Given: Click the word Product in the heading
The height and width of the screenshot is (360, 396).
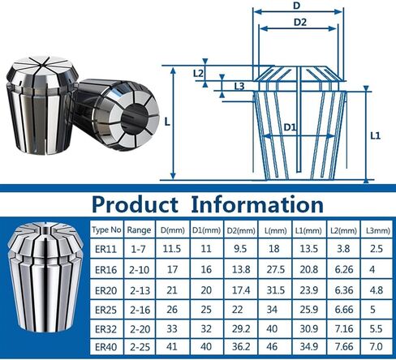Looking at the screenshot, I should (136, 204).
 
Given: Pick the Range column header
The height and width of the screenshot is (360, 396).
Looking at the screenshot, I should (140, 229).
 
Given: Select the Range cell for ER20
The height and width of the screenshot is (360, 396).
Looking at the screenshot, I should (140, 289).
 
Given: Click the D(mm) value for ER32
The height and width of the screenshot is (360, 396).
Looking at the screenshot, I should (173, 328).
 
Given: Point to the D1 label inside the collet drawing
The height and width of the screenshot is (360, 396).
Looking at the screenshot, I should (290, 127).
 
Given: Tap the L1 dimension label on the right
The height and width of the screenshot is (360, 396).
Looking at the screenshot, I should (375, 136).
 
